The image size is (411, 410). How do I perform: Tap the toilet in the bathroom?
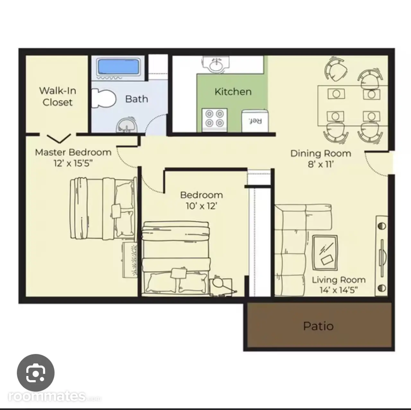103,98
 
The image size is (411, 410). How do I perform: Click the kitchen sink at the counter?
216,64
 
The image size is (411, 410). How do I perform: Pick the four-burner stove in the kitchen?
214,120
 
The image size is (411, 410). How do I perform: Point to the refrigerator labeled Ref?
255,121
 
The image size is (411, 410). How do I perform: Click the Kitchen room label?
233,92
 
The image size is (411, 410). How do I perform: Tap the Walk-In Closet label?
57,96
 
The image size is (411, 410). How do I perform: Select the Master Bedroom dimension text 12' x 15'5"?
73,163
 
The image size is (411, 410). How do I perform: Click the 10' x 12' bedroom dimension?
202,206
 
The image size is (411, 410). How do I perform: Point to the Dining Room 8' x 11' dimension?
320,164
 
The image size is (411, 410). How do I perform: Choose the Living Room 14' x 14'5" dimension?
338,290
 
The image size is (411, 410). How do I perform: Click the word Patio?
318,326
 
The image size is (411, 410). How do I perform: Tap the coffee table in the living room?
325,252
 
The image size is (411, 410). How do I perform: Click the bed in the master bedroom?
103,208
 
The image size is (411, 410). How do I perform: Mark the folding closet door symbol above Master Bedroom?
59,138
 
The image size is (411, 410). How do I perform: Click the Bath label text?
136,99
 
